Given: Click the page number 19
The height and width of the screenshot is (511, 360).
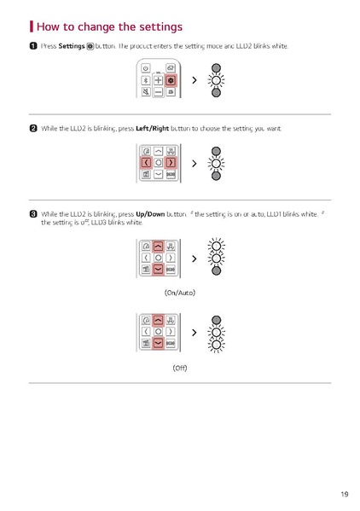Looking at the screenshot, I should click(344, 494).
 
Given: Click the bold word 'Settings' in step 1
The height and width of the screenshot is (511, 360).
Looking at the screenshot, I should click(71, 45).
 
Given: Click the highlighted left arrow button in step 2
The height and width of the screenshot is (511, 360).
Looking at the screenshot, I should click(146, 162).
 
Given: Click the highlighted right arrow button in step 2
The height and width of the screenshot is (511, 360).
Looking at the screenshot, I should click(171, 162).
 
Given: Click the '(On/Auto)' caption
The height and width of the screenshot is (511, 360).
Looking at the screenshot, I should click(180, 293).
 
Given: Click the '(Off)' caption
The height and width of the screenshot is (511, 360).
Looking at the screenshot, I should click(180, 368).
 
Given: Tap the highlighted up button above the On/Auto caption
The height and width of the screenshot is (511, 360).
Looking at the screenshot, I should click(159, 246).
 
